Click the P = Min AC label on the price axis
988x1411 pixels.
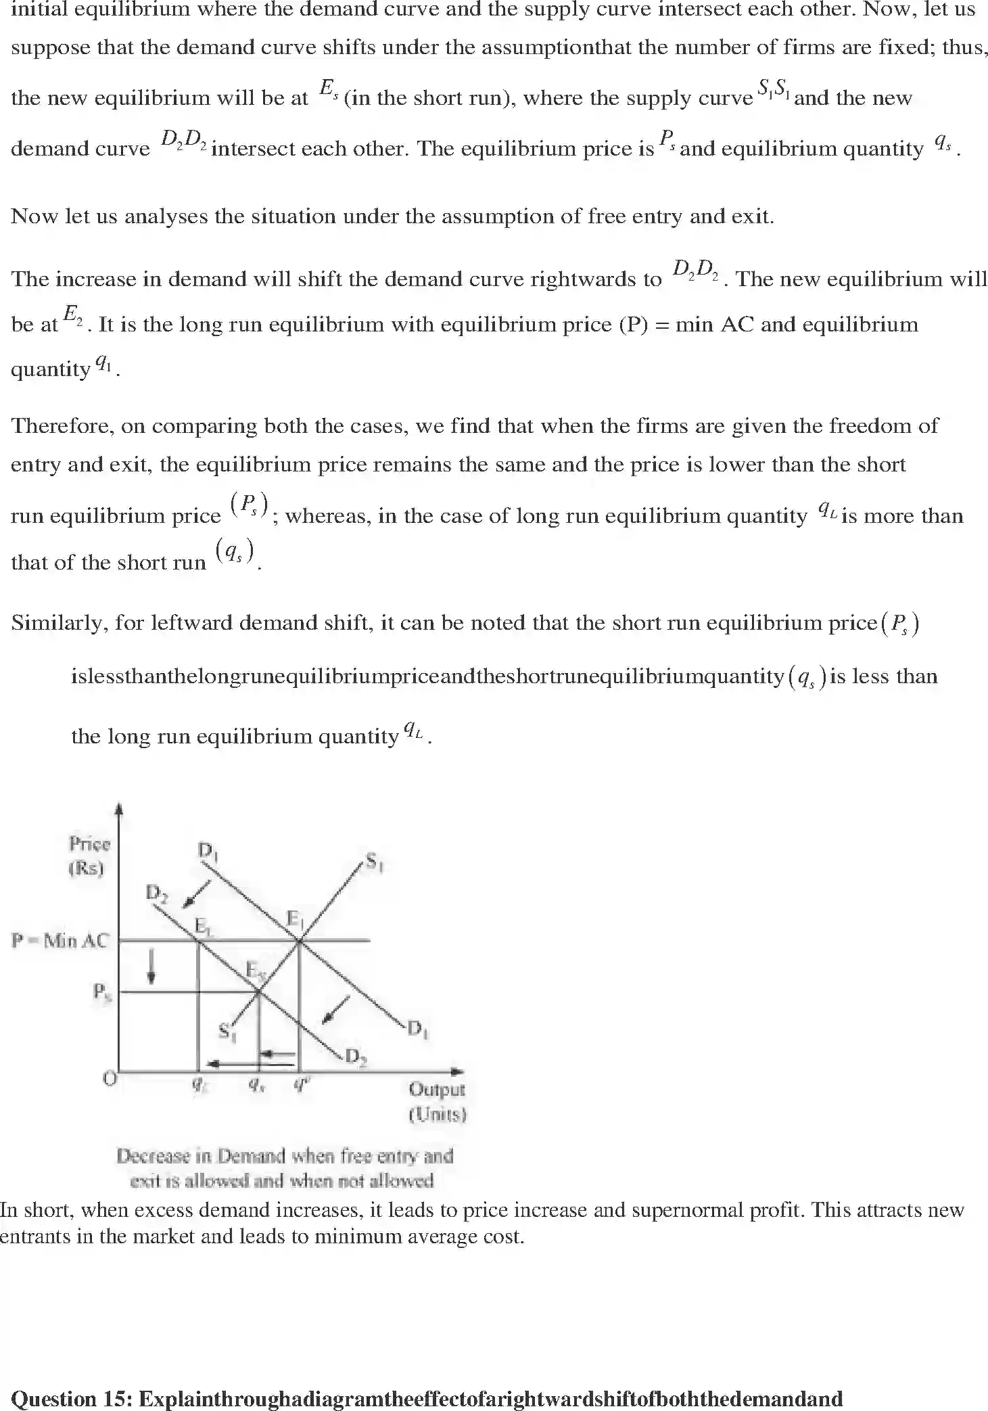coord(60,941)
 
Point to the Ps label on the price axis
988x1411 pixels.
coord(101,992)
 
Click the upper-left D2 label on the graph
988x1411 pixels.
coord(156,894)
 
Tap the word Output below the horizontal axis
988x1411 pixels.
coord(437,1089)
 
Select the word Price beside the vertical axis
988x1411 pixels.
coord(89,843)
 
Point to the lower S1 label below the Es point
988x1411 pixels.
coord(227,1032)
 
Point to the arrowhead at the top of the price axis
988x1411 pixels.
coord(120,808)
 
